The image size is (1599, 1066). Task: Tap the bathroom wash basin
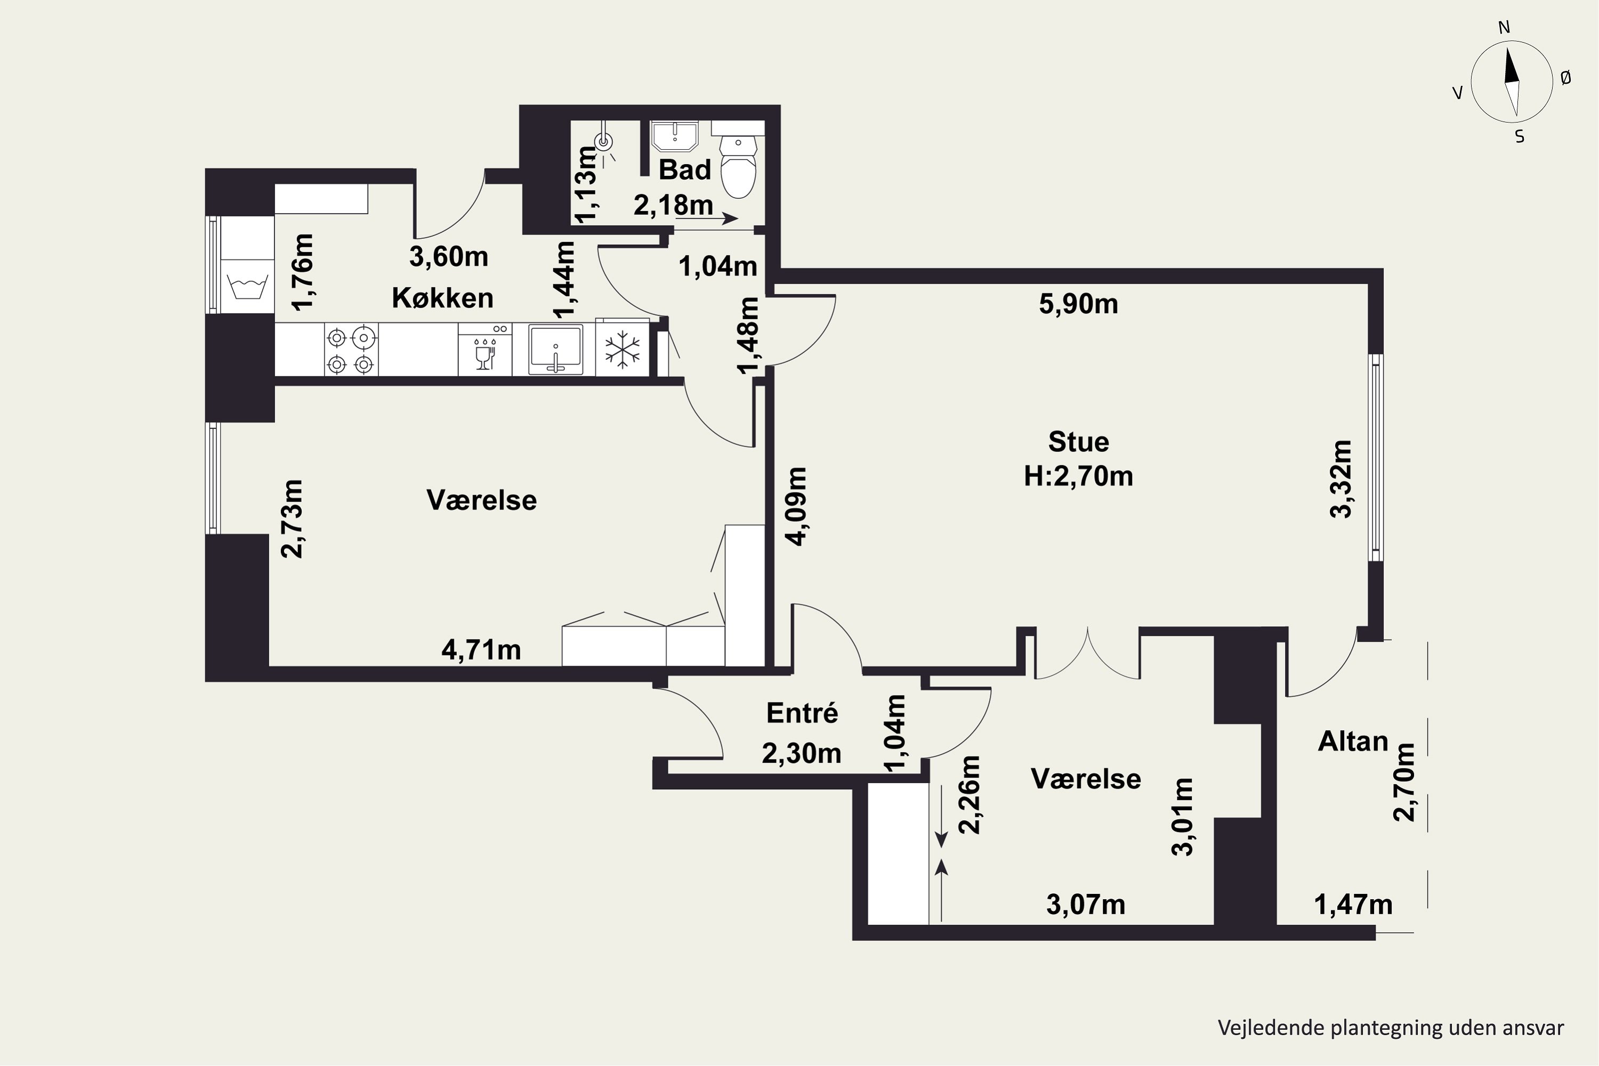pos(674,136)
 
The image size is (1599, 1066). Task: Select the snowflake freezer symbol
pos(622,350)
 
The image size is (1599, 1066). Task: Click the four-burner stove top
pos(351,350)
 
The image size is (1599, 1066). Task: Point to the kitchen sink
pos(556,350)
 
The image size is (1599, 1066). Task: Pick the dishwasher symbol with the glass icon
pos(484,349)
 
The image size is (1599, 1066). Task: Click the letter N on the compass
pos(1504,27)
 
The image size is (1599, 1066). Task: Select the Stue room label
pos(1078,442)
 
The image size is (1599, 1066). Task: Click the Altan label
pos(1353,741)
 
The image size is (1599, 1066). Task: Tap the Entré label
pos(802,713)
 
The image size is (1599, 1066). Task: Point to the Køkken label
pos(442,298)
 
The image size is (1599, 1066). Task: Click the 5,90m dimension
pos(1078,304)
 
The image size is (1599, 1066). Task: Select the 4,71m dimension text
pos(481,650)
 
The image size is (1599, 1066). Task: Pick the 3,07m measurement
pos(1086,905)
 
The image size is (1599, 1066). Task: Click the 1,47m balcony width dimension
pos(1353,905)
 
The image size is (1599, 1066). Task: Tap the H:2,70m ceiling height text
pos(1078,477)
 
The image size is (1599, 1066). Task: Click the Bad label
pos(684,170)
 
